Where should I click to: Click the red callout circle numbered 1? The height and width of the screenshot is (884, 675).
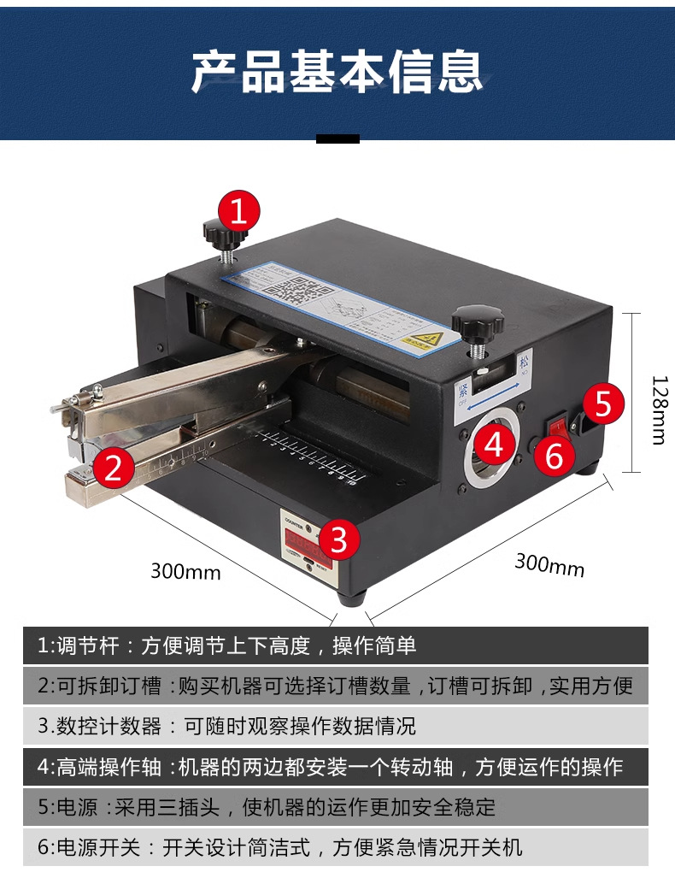[238, 210]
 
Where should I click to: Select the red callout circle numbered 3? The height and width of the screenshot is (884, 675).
[338, 539]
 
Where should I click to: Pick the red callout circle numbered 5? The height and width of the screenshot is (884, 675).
[603, 403]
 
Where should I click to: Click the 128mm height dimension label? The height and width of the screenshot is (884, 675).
[658, 410]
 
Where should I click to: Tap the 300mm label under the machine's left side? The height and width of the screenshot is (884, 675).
[185, 570]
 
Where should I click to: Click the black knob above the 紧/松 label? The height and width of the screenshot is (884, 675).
[477, 323]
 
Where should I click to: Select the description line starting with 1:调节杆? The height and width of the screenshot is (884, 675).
[226, 645]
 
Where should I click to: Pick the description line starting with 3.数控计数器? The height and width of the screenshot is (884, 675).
[226, 727]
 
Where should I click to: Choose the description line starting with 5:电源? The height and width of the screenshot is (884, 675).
[266, 807]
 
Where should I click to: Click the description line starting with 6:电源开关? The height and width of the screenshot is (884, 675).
[279, 847]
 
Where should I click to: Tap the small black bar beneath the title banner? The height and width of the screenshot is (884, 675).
[337, 138]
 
